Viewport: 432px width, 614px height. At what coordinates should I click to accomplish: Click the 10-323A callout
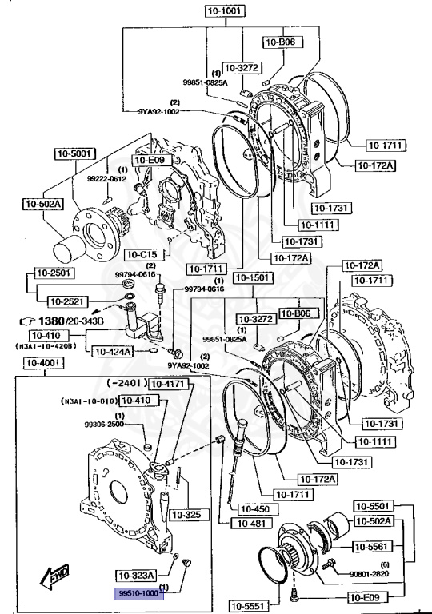136,575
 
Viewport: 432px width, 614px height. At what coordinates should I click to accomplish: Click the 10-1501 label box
252,277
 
